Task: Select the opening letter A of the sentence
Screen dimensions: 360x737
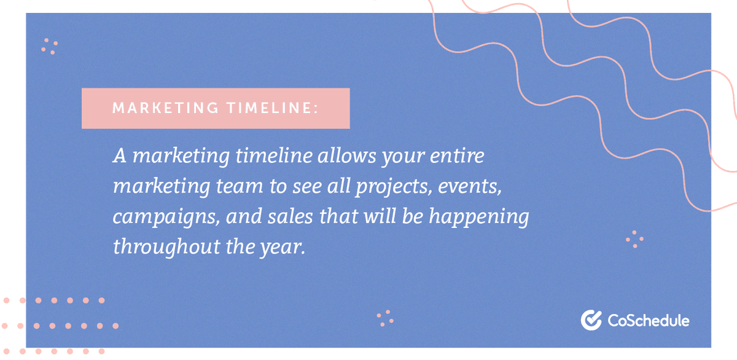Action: coord(119,156)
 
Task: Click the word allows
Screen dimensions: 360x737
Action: coord(347,156)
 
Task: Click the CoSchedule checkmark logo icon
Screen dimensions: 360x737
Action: coord(591,320)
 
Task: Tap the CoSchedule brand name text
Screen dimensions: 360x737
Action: coord(648,320)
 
